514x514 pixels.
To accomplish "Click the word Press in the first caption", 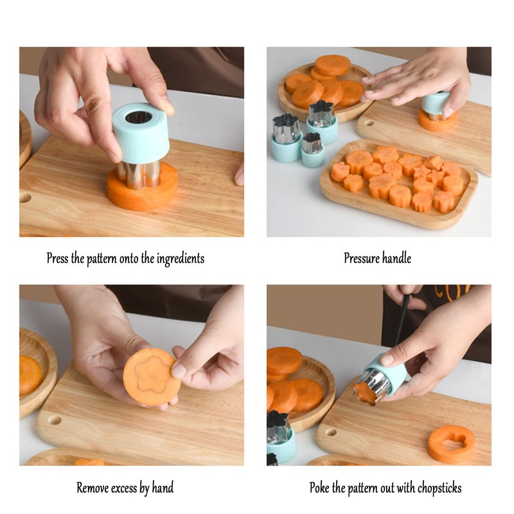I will tap(58, 259).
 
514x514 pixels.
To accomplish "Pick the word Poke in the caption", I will tap(321, 488).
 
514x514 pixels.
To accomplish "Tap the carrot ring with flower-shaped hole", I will tap(451, 444).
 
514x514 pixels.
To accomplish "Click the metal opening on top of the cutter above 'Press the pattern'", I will tap(139, 117).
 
